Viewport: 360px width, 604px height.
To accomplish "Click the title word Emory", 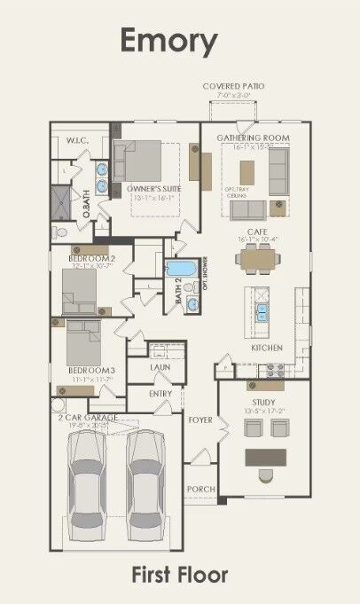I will click(x=168, y=41).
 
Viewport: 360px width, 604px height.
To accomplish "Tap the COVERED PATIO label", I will click(x=233, y=86).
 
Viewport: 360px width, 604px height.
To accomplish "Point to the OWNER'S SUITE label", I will click(x=148, y=190).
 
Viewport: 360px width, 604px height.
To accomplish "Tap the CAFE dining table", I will click(x=258, y=258).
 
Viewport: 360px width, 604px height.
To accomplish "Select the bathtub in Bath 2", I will click(x=183, y=269).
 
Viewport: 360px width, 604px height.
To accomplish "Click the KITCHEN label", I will click(x=267, y=348).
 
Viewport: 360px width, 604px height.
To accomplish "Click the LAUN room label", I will click(x=160, y=366).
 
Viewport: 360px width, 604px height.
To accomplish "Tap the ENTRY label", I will click(x=160, y=393).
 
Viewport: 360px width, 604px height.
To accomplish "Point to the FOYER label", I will click(x=200, y=419).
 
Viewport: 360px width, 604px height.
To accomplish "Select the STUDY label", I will click(x=264, y=402).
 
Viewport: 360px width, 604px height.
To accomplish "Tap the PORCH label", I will click(x=200, y=489).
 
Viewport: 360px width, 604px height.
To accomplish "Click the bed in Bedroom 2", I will click(x=82, y=290).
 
